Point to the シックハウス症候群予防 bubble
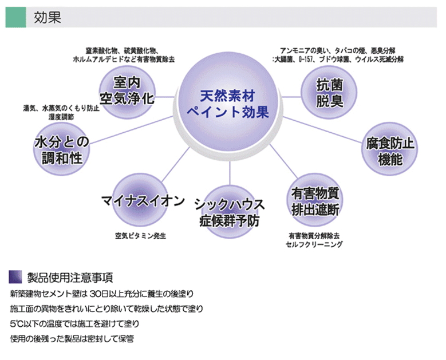pyautogui.click(x=228, y=211)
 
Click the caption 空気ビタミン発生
pyautogui.click(x=140, y=236)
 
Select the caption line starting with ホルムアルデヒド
pyautogui.click(x=123, y=59)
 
